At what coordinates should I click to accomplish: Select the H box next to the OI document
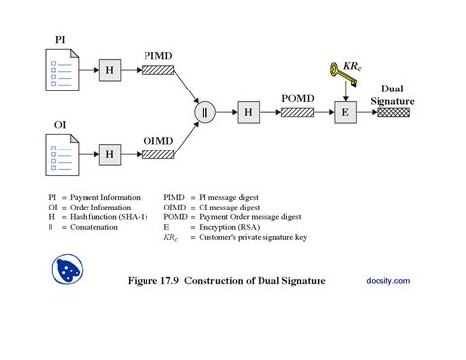[x=110, y=153]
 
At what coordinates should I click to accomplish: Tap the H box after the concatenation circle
[x=248, y=112]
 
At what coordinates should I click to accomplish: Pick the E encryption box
[x=345, y=112]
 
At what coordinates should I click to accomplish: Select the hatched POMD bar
[x=298, y=112]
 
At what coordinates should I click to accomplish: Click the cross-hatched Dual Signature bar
[x=393, y=112]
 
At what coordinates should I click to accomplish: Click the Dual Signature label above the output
[x=392, y=93]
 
